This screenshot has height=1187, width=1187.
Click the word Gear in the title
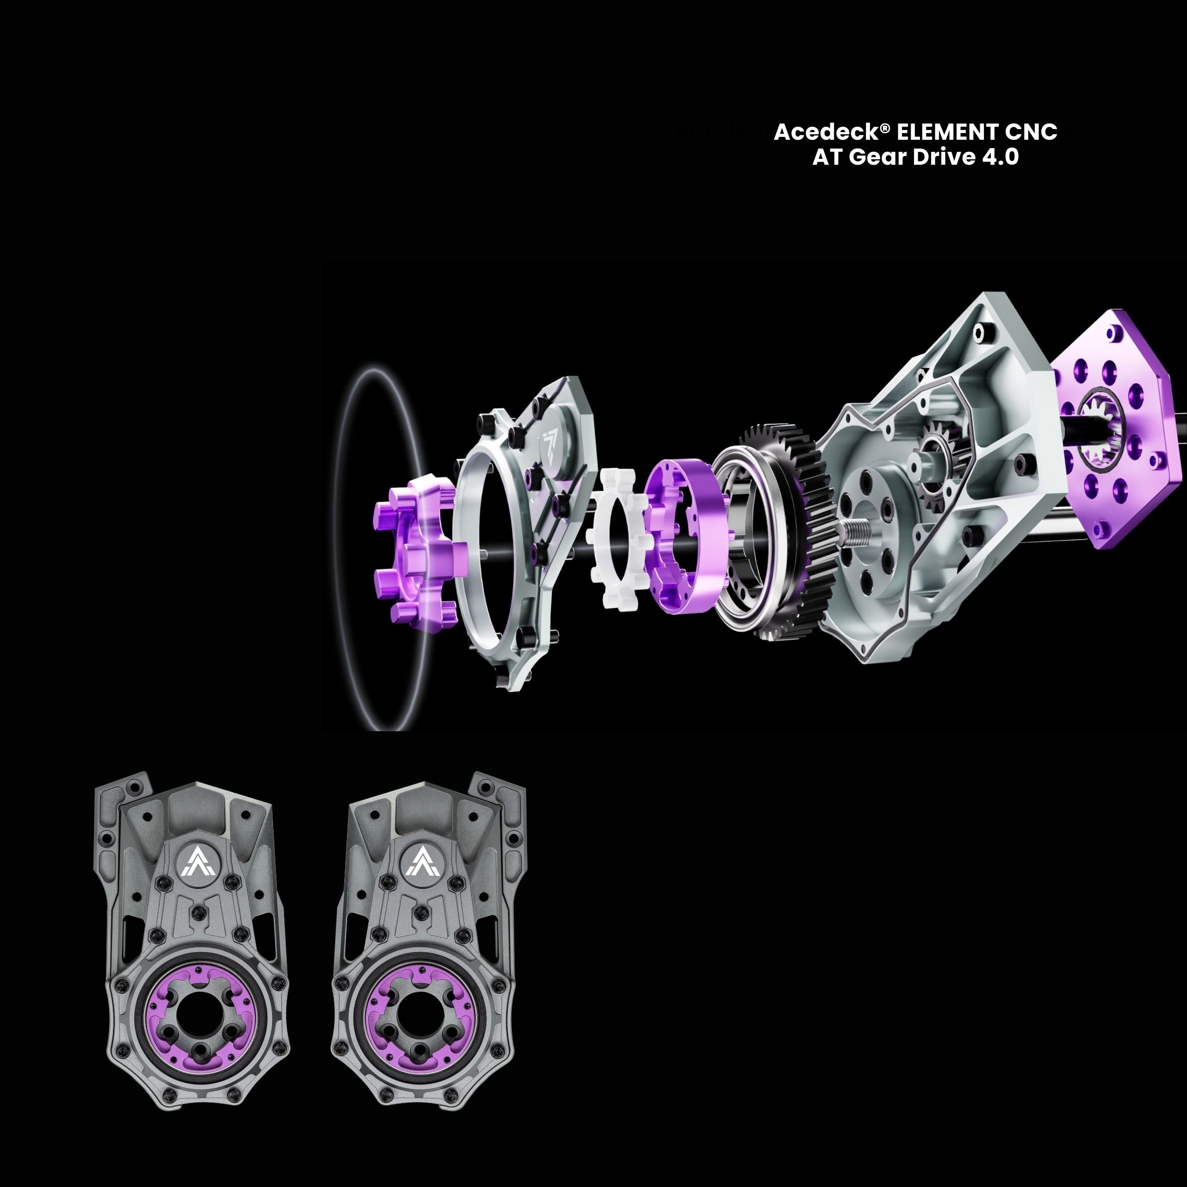(877, 157)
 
